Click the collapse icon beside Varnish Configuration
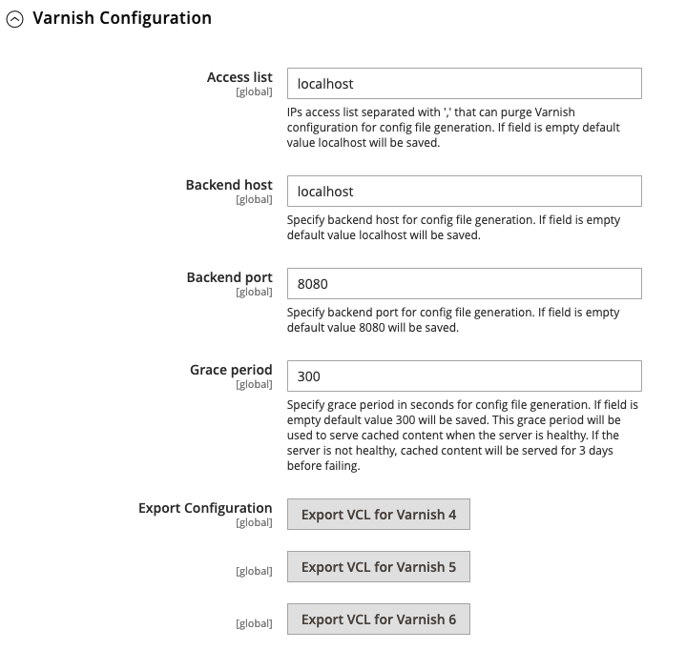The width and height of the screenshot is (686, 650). pyautogui.click(x=15, y=19)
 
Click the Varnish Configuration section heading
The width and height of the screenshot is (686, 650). pyautogui.click(x=121, y=18)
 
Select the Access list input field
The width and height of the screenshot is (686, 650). pyautogui.click(x=464, y=84)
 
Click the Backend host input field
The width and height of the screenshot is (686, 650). pyautogui.click(x=464, y=192)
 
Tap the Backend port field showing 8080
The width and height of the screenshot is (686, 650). pyautogui.click(x=464, y=284)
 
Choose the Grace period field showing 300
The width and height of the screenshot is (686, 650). pyautogui.click(x=464, y=376)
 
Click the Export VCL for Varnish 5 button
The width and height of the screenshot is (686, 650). pyautogui.click(x=379, y=567)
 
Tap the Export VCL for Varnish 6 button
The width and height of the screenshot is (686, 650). pyautogui.click(x=379, y=620)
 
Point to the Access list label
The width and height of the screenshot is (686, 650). pyautogui.click(x=239, y=77)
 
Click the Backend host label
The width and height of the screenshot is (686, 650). pyautogui.click(x=229, y=185)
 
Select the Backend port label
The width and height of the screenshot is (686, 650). pyautogui.click(x=229, y=277)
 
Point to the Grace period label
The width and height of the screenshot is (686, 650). pyautogui.click(x=231, y=370)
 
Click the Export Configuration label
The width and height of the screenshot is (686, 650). pyautogui.click(x=205, y=508)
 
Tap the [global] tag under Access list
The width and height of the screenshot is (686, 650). pyautogui.click(x=254, y=92)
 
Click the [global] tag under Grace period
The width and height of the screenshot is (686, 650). pyautogui.click(x=254, y=385)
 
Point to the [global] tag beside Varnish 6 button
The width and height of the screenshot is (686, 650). pyautogui.click(x=254, y=624)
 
